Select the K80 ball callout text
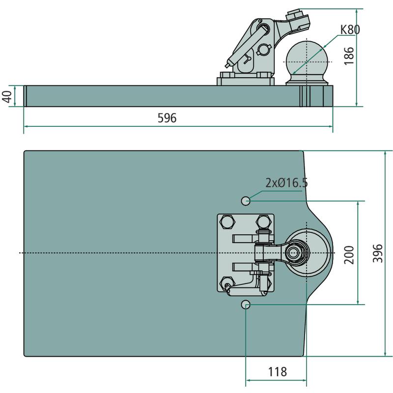point(350,29)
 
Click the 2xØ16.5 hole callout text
point(286,183)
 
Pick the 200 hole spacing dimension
point(349,253)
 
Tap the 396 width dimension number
point(377,253)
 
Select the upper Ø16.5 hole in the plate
point(246,200)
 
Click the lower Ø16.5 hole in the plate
point(246,305)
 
